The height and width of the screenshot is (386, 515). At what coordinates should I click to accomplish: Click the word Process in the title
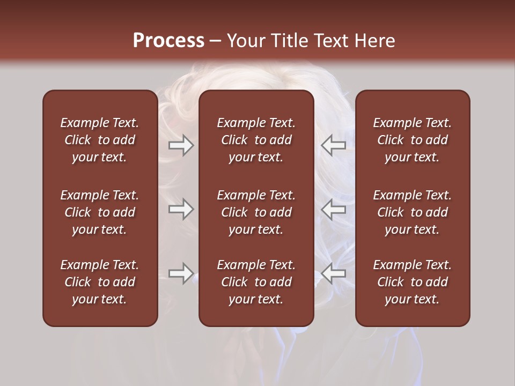pos(168,41)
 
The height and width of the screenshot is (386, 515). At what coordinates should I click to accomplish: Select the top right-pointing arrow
pos(181,145)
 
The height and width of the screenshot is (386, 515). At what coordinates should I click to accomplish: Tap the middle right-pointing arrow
pos(181,209)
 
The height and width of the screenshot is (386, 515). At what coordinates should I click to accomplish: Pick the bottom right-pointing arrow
pos(181,273)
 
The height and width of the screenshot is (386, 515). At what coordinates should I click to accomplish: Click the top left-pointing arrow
pos(334,145)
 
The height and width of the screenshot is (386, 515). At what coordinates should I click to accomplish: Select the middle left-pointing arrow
pos(334,209)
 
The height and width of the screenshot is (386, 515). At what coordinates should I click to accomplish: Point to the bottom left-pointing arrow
pos(334,273)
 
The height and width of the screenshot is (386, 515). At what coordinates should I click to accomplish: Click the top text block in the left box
pos(100,140)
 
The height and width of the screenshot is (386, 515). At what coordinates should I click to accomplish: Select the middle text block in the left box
pos(100,212)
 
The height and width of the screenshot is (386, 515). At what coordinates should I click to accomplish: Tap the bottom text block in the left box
pos(100,282)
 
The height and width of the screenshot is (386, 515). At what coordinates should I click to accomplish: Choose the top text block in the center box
pos(256,140)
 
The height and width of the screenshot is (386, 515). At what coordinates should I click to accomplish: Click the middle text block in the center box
pos(256,212)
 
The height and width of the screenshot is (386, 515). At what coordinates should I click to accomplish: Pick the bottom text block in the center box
pos(256,282)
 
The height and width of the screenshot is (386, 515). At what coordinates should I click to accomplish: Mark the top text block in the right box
pos(412,140)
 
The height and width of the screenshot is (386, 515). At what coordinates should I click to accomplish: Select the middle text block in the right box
pos(412,212)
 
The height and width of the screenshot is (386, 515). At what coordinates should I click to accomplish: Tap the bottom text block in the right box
pos(412,282)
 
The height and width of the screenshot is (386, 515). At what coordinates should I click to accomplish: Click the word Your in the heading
pos(247,41)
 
